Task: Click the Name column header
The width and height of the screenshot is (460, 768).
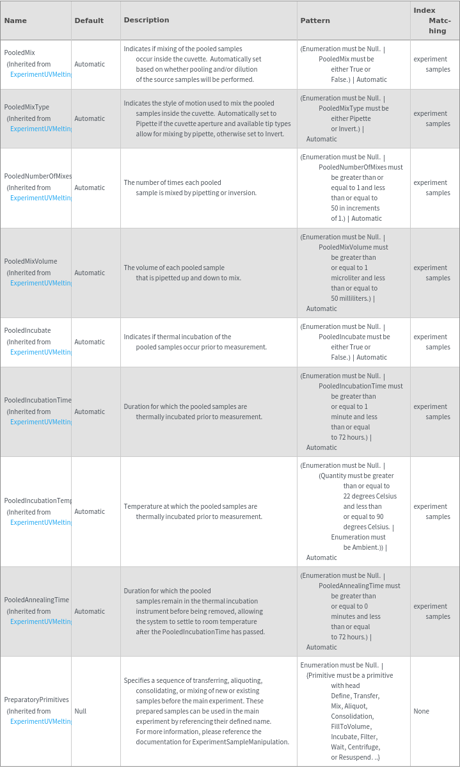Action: pyautogui.click(x=15, y=20)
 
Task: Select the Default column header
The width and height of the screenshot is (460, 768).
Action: pyautogui.click(x=89, y=20)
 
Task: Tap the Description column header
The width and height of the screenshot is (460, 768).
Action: pyautogui.click(x=147, y=20)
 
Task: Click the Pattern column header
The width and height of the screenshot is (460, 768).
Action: pyautogui.click(x=315, y=20)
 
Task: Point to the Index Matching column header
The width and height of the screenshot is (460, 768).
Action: pyautogui.click(x=432, y=20)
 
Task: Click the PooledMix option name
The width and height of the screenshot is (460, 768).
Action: pyautogui.click(x=19, y=54)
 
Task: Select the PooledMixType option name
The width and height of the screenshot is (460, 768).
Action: pyautogui.click(x=26, y=108)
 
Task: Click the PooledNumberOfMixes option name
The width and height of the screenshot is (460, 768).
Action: pyautogui.click(x=38, y=177)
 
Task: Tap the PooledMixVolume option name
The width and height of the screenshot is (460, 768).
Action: pyautogui.click(x=31, y=261)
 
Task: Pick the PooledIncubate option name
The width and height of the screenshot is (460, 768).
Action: pyautogui.click(x=28, y=330)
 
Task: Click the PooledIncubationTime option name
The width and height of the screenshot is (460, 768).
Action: pyautogui.click(x=38, y=401)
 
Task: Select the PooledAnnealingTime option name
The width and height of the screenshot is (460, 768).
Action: pyautogui.click(x=36, y=600)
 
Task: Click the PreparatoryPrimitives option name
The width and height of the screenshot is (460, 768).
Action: pyautogui.click(x=36, y=700)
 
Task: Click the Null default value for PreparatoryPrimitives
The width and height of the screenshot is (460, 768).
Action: pyautogui.click(x=81, y=711)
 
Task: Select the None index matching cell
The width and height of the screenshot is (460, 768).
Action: pyautogui.click(x=422, y=711)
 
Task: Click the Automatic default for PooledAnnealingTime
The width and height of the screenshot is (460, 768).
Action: pyautogui.click(x=90, y=611)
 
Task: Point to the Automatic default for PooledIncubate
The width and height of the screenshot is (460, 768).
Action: pyautogui.click(x=90, y=342)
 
